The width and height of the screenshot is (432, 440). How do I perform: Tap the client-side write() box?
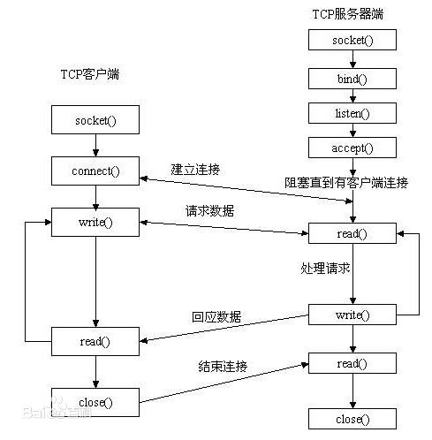tap(95, 221)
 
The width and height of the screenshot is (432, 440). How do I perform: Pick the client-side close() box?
tap(95, 402)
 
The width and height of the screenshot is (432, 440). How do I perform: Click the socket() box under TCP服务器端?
tap(353, 41)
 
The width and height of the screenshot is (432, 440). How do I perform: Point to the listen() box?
tap(353, 113)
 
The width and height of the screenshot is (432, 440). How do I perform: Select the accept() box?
tap(353, 148)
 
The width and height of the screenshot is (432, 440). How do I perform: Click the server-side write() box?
tap(352, 315)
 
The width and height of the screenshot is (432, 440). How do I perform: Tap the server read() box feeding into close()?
tap(352, 362)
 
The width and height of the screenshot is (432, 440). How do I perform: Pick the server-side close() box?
tap(352, 418)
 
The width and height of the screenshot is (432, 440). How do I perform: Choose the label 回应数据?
tap(216, 316)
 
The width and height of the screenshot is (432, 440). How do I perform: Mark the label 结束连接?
tap(222, 366)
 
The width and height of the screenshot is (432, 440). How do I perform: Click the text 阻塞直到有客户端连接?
tap(346, 183)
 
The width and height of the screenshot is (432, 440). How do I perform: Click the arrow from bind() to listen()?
tap(353, 95)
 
